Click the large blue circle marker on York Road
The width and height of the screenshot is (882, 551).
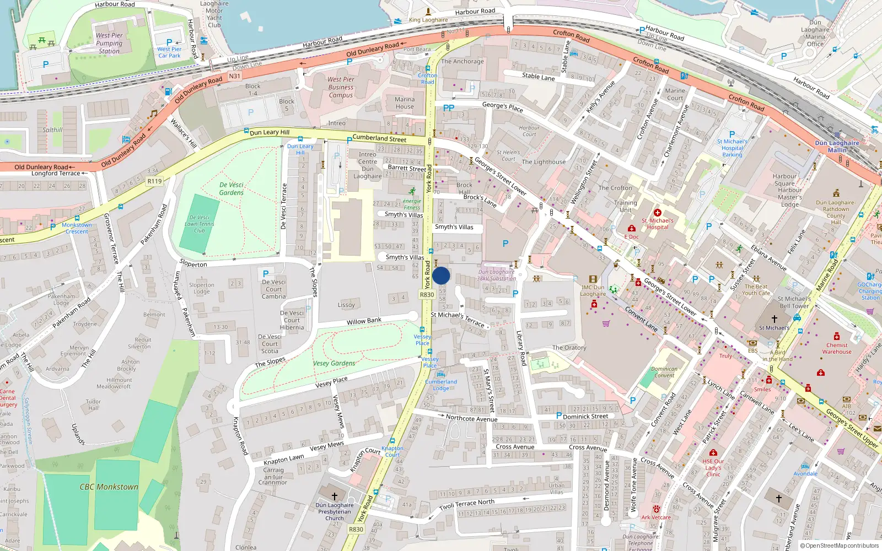(x=441, y=275)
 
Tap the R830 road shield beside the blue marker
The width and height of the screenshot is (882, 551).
(x=427, y=295)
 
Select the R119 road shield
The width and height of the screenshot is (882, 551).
(x=154, y=181)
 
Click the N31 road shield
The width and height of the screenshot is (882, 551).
(x=235, y=76)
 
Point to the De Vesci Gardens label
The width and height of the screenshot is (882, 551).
(x=231, y=189)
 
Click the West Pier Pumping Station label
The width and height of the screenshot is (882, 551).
(x=109, y=43)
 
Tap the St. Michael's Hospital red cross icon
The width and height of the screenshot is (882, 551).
(x=657, y=213)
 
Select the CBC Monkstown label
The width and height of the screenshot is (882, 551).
(x=109, y=487)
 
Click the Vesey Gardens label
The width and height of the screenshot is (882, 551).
(x=334, y=363)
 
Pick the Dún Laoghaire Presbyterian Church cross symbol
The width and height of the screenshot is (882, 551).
(x=334, y=496)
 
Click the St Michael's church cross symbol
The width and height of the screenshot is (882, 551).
(x=774, y=319)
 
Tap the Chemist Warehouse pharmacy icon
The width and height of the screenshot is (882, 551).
(x=836, y=336)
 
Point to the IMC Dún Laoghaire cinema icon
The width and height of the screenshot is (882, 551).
(x=593, y=279)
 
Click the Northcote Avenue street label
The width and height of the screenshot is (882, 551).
(x=471, y=419)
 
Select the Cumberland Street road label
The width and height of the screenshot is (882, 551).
(x=379, y=138)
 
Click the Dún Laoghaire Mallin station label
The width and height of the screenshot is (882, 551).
(x=837, y=146)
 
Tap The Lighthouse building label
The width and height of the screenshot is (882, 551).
(x=543, y=162)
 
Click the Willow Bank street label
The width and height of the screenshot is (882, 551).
(x=364, y=321)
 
